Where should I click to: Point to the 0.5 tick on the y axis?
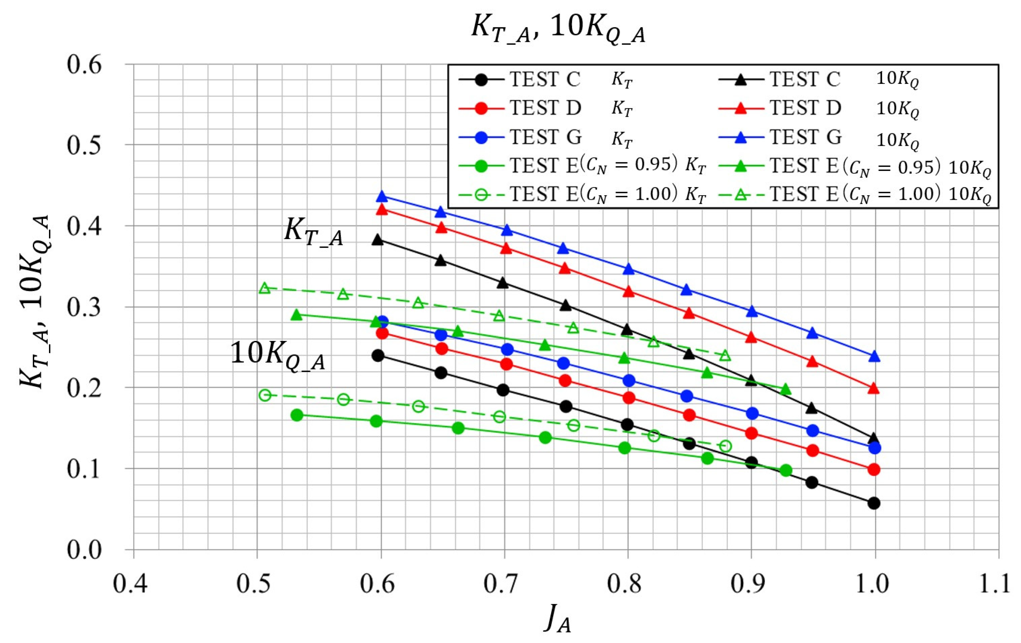click(84, 145)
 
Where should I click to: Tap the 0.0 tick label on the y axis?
click(84, 550)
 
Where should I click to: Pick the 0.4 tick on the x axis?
click(130, 584)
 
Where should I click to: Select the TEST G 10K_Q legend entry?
click(818, 137)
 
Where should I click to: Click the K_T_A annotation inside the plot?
click(313, 232)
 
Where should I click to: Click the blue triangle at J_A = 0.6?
click(382, 196)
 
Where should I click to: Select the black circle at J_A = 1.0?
click(874, 503)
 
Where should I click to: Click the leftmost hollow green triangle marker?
click(265, 288)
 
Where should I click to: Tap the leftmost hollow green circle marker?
click(265, 395)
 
